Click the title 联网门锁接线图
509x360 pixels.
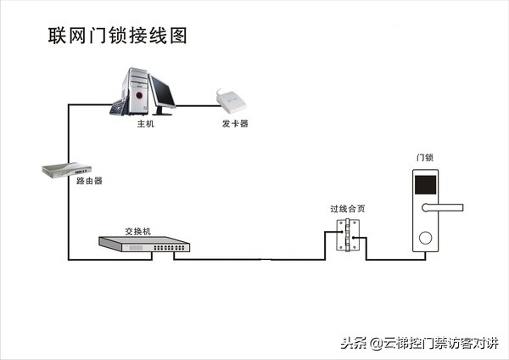click(116, 36)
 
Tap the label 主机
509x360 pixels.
click(146, 124)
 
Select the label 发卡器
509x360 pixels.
click(235, 124)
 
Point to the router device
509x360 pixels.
click(67, 170)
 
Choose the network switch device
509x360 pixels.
click(144, 245)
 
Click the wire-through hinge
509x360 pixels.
click(347, 235)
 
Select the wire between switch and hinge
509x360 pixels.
click(255, 257)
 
